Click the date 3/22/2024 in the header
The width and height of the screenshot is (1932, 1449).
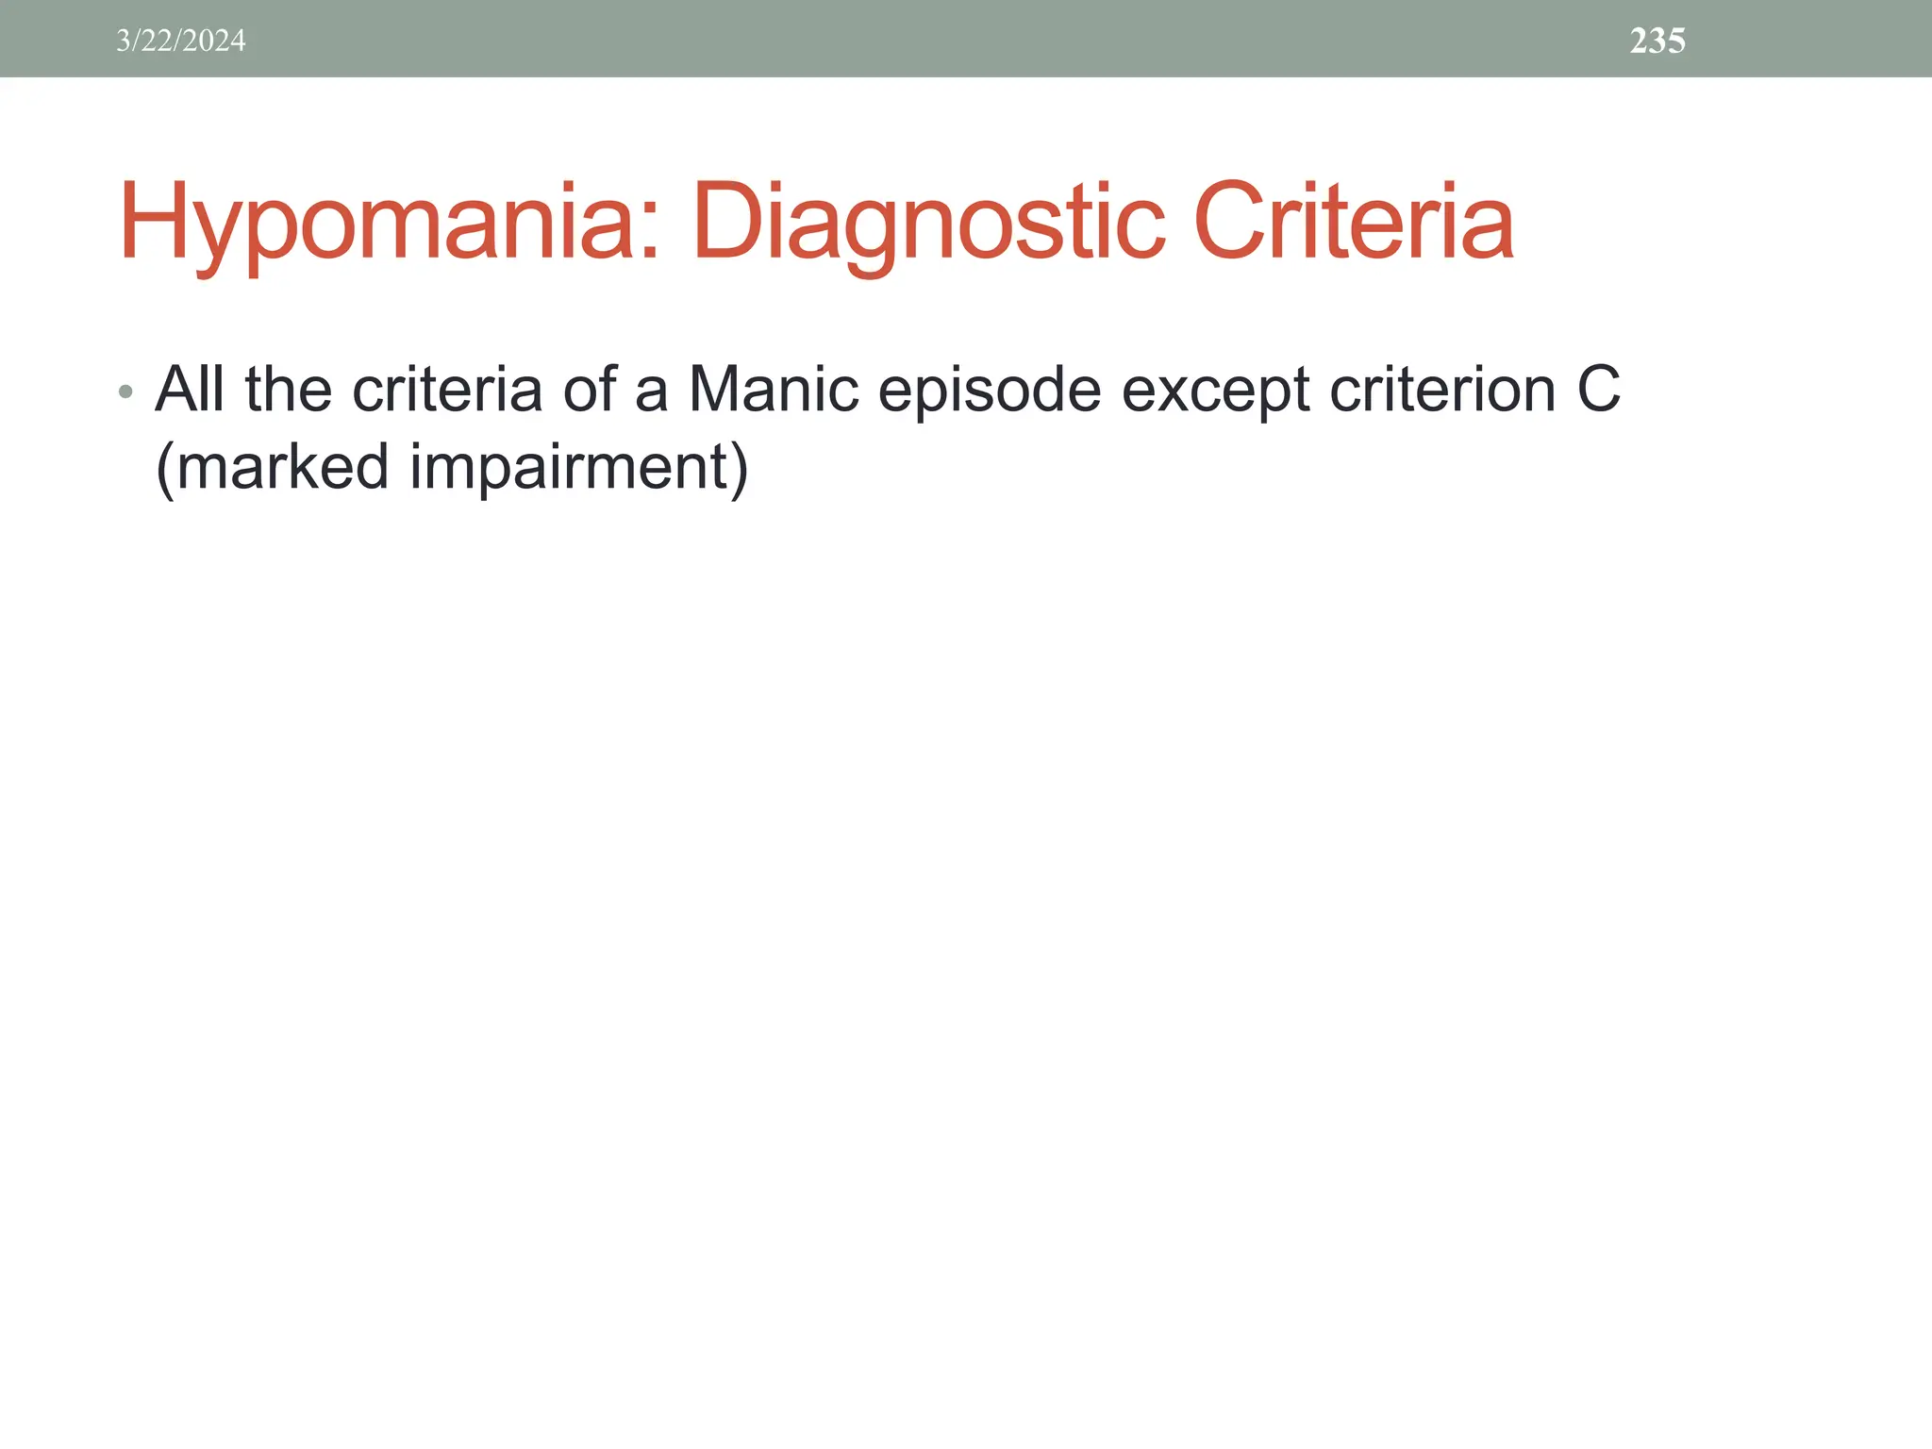pos(180,41)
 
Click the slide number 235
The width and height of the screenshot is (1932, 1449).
pos(1657,41)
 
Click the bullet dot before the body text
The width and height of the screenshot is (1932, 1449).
pos(126,391)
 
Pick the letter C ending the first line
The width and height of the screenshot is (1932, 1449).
pos(1598,389)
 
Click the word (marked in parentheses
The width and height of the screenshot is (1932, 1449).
pos(272,467)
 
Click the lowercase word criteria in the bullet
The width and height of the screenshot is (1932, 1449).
pos(447,389)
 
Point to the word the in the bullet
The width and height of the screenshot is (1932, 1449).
pos(289,389)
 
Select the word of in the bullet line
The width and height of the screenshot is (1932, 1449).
pos(589,389)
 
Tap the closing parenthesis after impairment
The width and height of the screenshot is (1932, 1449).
pos(738,467)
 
